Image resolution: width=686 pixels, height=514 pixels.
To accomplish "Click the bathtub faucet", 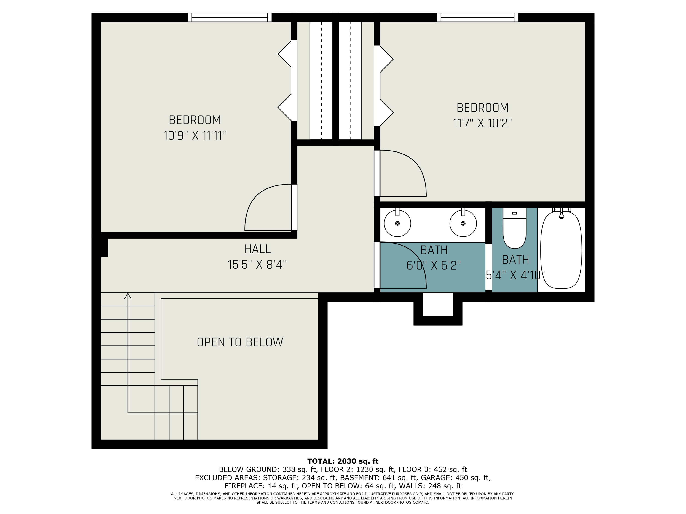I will tap(561, 214).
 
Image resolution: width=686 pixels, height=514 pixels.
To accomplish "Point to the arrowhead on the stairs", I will tap(128, 296).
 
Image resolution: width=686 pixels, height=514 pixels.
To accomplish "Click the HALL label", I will tap(257, 249).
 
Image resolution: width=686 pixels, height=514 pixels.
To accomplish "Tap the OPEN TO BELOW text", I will tap(240, 342).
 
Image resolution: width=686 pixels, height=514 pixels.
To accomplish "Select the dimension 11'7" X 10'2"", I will tap(482, 123).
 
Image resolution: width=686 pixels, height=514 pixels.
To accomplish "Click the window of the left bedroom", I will tap(230, 17).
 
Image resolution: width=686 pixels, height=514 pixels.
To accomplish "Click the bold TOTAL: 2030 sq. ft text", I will tap(343, 461).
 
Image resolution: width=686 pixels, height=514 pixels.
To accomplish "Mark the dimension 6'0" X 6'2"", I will tap(434, 265).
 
